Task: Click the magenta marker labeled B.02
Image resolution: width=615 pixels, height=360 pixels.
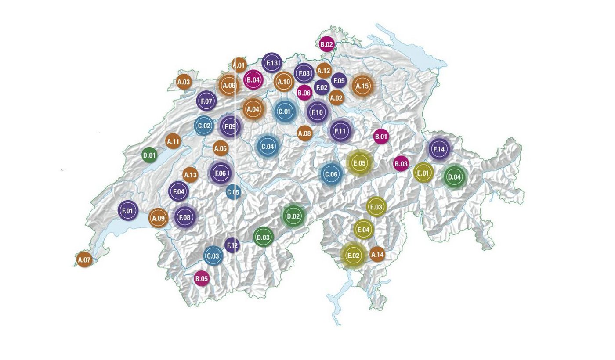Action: click(326, 44)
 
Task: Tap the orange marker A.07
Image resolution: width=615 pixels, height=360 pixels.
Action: click(84, 259)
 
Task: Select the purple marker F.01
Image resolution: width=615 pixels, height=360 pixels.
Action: click(128, 211)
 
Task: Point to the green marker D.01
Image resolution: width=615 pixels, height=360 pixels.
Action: click(149, 155)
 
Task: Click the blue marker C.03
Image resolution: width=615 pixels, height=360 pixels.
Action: click(213, 256)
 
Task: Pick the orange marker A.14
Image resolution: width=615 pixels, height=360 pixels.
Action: click(377, 254)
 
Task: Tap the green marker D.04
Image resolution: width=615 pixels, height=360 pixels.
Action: click(454, 177)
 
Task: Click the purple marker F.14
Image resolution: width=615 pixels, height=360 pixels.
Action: click(439, 149)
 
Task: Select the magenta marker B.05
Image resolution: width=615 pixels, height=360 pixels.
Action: click(202, 278)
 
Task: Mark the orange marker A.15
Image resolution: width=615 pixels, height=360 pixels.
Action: click(362, 86)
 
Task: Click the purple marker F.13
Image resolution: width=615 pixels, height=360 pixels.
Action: click(272, 63)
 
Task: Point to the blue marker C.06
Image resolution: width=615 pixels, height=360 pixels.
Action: click(331, 174)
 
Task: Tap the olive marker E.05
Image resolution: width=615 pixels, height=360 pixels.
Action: click(359, 163)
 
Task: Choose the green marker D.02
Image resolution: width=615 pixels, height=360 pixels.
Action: click(293, 216)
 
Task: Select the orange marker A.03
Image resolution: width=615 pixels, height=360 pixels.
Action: click(184, 82)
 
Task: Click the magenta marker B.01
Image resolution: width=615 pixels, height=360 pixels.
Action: click(381, 137)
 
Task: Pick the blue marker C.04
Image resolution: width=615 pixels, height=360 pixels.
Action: click(268, 146)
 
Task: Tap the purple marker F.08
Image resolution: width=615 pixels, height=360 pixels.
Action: click(185, 217)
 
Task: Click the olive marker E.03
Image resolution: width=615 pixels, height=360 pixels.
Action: click(376, 207)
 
